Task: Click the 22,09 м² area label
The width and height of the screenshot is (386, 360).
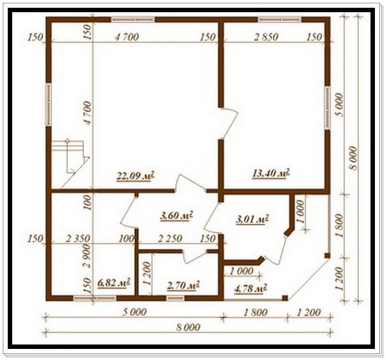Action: (136, 176)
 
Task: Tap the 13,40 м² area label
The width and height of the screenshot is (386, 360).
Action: (271, 173)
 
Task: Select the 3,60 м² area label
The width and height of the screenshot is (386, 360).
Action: (176, 216)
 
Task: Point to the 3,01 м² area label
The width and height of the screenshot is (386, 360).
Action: (252, 219)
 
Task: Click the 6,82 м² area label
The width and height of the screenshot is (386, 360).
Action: (114, 282)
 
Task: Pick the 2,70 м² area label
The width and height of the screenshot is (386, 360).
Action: (183, 286)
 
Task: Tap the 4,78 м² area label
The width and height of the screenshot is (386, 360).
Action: (251, 288)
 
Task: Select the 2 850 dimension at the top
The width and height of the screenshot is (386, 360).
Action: (266, 37)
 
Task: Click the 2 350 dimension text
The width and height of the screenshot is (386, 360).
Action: (78, 238)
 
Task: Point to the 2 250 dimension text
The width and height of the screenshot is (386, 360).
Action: (170, 238)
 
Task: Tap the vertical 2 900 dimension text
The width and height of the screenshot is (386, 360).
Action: (88, 256)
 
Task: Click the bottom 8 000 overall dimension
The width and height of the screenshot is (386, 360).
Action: (188, 327)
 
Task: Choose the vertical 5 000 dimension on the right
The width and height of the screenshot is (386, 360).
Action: (339, 105)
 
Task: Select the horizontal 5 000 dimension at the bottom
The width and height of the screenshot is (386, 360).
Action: (135, 312)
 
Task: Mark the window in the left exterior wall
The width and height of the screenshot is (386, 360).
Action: (49, 105)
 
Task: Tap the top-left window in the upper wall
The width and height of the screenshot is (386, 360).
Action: (133, 19)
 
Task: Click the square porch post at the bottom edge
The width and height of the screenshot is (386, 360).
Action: (285, 298)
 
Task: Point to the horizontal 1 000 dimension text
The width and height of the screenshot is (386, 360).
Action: (241, 271)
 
